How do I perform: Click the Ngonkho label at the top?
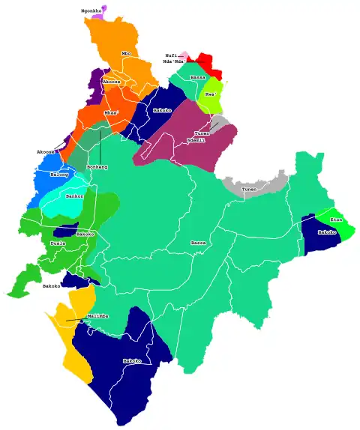coord(91,11)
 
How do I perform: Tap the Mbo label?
coord(126,54)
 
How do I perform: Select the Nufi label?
coord(172,55)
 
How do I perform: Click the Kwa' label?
coord(211,95)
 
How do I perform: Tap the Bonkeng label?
coord(97,166)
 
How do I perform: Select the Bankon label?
coord(75,196)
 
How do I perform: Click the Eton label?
coord(336,219)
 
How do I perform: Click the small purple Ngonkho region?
coord(103,8)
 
